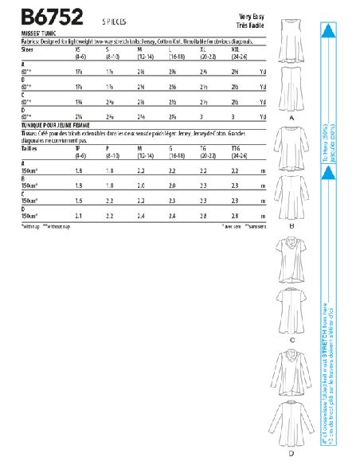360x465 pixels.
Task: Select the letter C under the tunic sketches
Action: point(292,338)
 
